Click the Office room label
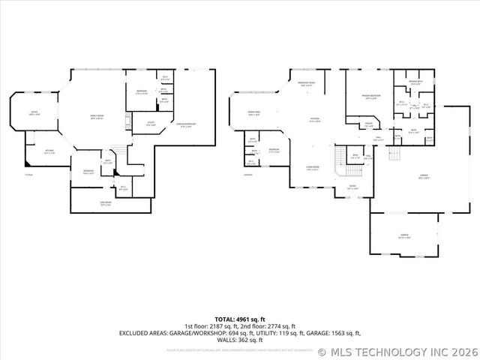click(34, 113)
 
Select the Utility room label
click(150, 123)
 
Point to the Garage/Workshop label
click(185, 125)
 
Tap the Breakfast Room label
click(306, 85)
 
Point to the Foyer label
click(352, 187)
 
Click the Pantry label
click(369, 126)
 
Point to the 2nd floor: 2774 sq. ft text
click(286, 326)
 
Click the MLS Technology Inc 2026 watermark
click(397, 351)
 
